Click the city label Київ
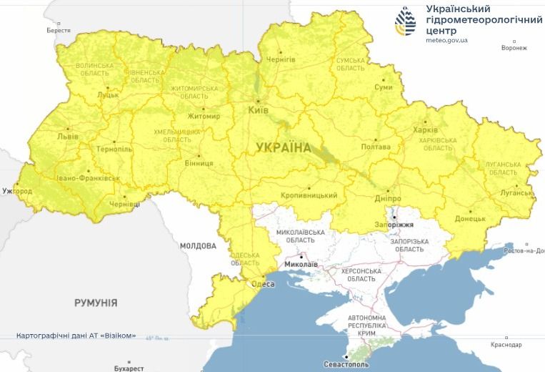tap(258, 111)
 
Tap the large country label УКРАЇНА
tap(284, 148)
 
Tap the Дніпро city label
tap(388, 199)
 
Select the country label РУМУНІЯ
tap(96, 303)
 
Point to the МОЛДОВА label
tap(198, 246)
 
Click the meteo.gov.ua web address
tap(446, 41)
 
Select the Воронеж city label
tap(514, 49)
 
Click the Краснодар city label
tap(506, 345)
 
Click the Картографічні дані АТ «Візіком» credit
tap(76, 336)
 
